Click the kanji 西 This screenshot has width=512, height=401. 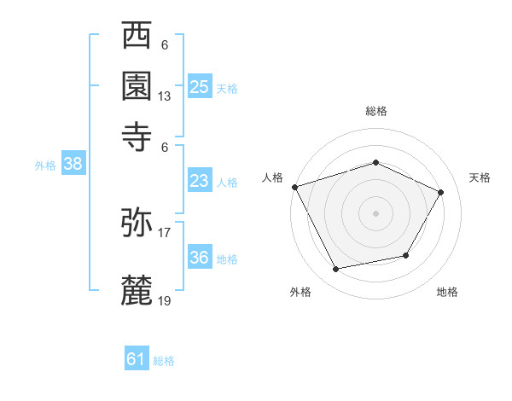137,38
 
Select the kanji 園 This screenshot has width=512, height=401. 137,85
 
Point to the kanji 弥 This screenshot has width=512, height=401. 137,223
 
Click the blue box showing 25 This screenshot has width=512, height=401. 200,86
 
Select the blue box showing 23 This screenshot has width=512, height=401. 200,181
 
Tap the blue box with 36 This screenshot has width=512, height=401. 200,258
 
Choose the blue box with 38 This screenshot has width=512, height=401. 73,165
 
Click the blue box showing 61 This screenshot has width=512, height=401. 137,359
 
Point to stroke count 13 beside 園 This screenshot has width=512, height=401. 165,96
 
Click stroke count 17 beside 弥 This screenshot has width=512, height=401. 165,233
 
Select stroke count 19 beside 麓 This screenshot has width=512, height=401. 165,299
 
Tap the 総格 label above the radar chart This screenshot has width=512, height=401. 375,111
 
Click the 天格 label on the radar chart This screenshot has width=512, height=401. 480,177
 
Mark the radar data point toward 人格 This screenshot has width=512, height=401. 294,187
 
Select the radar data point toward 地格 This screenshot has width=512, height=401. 406,255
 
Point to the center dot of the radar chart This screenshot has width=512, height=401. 375,212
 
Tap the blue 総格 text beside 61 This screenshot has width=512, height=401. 164,361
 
